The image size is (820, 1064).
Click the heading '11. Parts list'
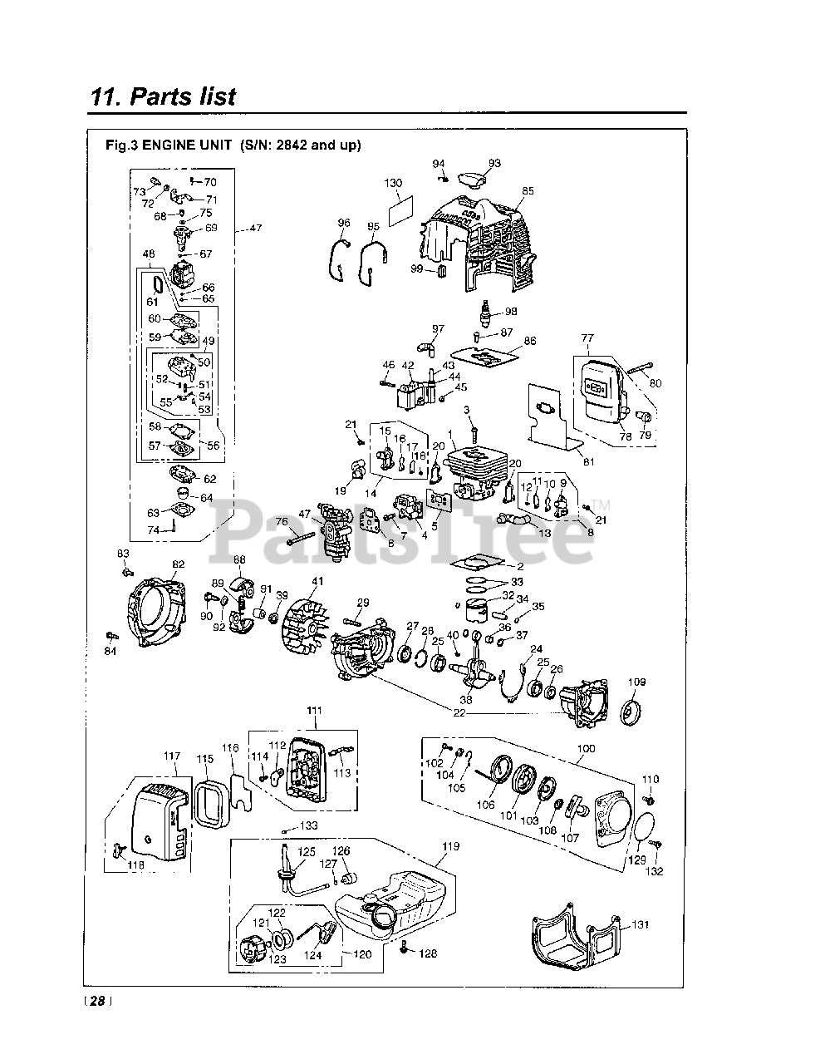163,96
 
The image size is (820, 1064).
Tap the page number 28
97,1002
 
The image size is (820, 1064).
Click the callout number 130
393,183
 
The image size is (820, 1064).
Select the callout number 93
494,164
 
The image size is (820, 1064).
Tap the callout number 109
636,682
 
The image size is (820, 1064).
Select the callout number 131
641,924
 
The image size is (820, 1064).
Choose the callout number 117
172,756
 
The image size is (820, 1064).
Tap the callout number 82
178,564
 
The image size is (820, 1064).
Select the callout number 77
587,338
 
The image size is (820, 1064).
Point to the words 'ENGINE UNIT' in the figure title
189,145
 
